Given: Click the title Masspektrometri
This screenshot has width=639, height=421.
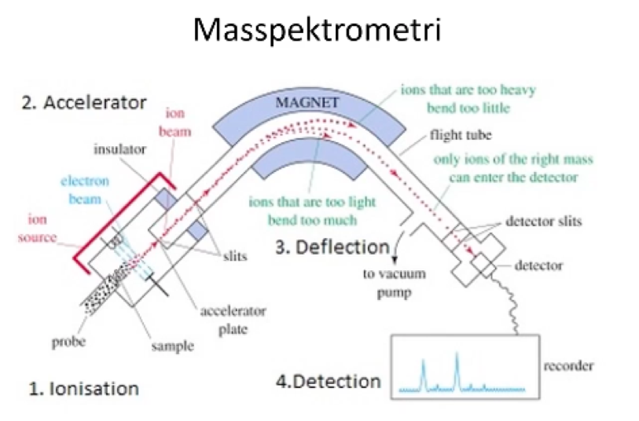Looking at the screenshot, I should pyautogui.click(x=318, y=30).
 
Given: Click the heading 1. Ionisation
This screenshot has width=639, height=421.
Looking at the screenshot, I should pyautogui.click(x=83, y=388).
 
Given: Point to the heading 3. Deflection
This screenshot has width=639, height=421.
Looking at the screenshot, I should pyautogui.click(x=332, y=247).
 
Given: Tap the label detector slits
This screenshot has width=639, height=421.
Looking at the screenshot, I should pyautogui.click(x=544, y=221).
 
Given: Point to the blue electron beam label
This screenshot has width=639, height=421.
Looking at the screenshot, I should pyautogui.click(x=85, y=189).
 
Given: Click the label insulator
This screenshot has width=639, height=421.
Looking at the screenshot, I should pyautogui.click(x=119, y=148).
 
